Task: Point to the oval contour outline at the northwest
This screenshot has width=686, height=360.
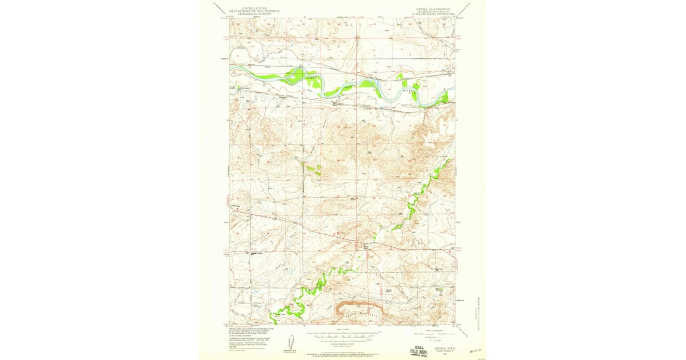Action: tap(238, 58)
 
